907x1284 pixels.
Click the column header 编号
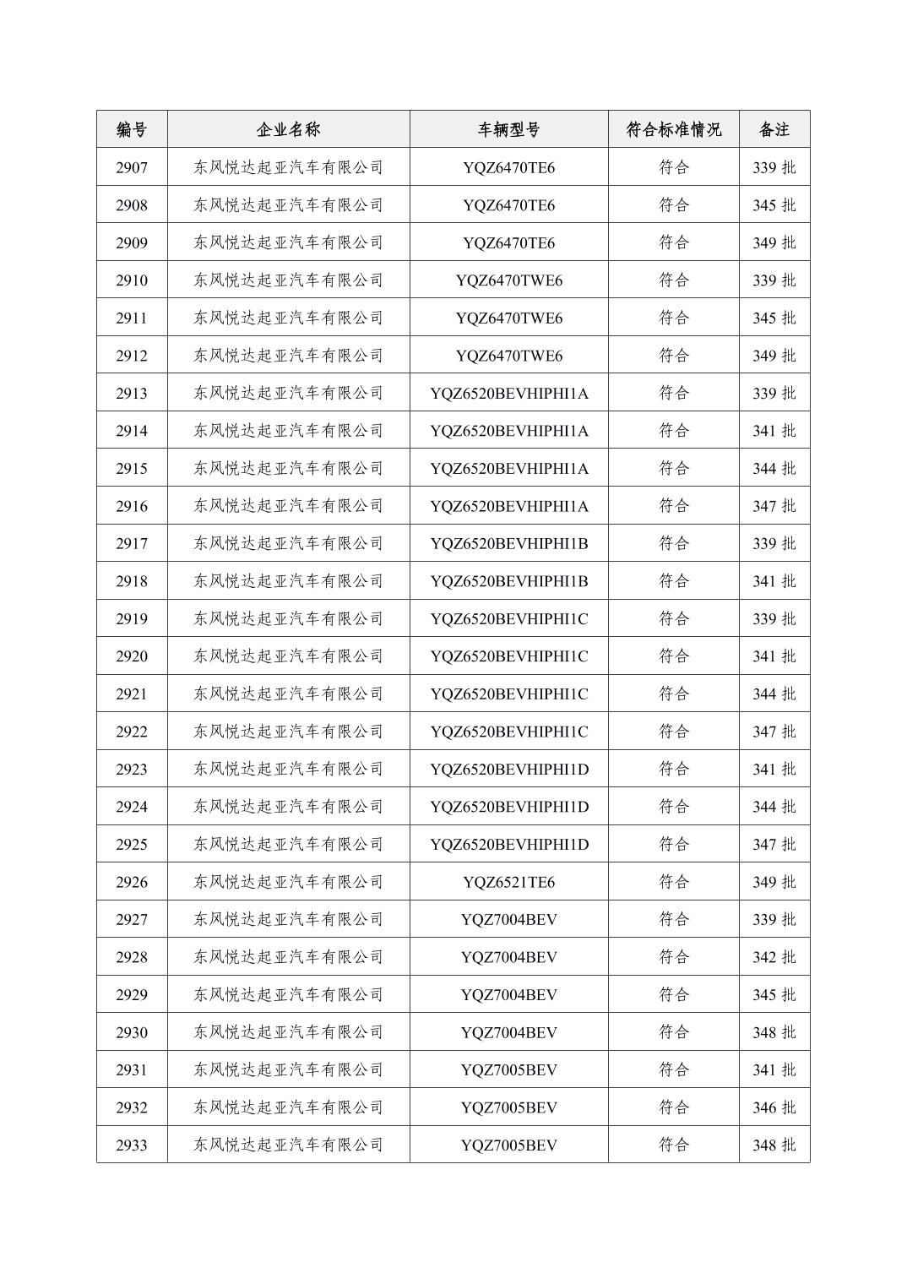point(132,129)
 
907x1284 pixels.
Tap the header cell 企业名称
point(288,129)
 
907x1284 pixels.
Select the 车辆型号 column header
point(508,129)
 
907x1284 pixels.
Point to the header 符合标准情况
point(673,129)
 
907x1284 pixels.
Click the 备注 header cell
point(774,129)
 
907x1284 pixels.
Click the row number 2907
point(132,167)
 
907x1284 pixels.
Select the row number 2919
point(132,618)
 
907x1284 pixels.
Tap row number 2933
point(132,1145)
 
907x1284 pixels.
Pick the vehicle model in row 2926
point(508,882)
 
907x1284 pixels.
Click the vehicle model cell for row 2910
point(508,280)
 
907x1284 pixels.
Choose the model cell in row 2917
point(508,543)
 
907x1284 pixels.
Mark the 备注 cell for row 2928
point(774,957)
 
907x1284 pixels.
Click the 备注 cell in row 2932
point(774,1107)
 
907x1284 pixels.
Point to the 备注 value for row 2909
point(774,242)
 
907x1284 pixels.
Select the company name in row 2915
point(288,468)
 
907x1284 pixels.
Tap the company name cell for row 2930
point(288,1032)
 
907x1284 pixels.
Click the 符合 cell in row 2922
point(673,732)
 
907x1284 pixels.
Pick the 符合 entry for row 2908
point(673,205)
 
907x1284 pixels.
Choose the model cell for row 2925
point(508,844)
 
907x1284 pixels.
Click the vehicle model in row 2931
point(508,1069)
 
